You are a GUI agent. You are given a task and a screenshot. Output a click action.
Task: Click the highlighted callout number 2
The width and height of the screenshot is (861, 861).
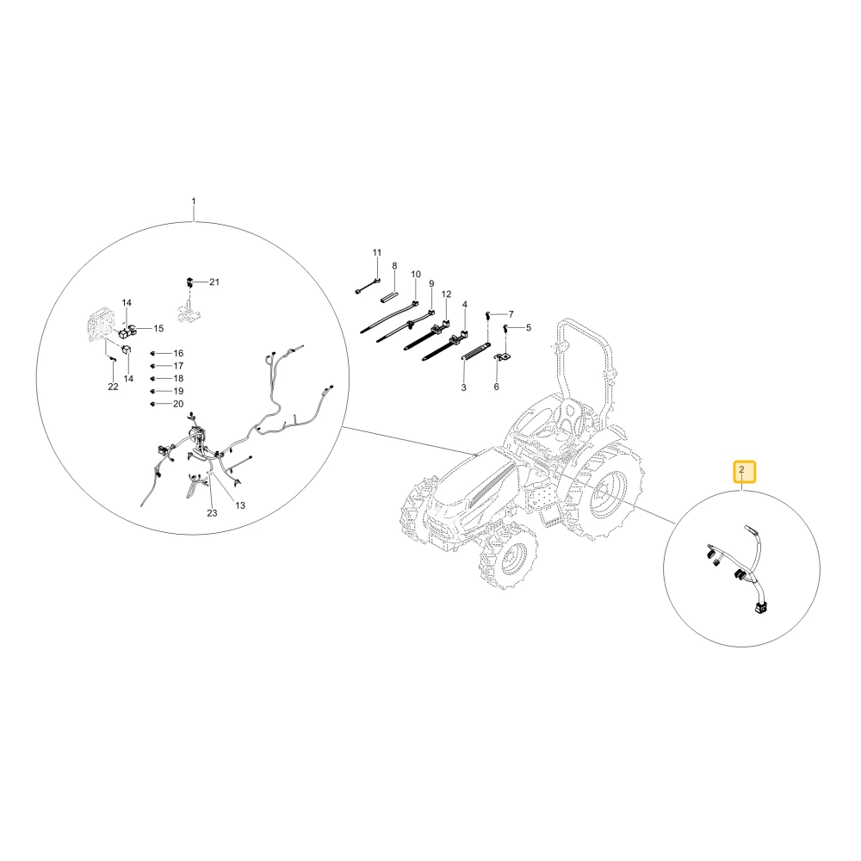coord(742,470)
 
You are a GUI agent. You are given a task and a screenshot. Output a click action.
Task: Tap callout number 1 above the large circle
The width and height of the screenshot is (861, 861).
coord(193,201)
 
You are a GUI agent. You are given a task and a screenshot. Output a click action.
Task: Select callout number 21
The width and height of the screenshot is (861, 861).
coord(214,282)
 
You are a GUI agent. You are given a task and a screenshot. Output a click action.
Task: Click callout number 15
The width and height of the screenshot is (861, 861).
coord(158,328)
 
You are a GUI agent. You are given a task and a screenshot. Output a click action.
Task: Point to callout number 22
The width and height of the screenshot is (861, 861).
coord(113,387)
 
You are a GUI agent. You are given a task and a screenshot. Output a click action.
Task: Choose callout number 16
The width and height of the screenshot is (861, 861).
coord(178,353)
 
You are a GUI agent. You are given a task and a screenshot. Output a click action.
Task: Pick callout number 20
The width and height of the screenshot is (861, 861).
coord(178,404)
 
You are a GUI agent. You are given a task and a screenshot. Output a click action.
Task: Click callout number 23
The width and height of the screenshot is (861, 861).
coord(212,513)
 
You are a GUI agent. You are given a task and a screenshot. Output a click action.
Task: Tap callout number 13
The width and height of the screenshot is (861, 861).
coord(240,505)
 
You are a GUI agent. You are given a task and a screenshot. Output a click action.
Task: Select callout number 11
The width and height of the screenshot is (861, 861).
coord(377,252)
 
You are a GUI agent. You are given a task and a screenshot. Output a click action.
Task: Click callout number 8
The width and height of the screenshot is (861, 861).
coord(394,266)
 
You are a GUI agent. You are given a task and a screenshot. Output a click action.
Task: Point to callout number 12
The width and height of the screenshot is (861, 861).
coord(446,294)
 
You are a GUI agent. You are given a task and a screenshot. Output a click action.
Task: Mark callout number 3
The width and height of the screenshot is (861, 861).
coord(463,387)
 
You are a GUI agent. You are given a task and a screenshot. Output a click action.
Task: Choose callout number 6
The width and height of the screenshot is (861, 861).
coord(497,387)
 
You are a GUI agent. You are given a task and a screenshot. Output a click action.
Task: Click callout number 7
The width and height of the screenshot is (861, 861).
coord(511,314)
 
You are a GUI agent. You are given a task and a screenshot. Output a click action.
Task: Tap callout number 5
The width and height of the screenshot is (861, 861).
coord(529,328)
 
